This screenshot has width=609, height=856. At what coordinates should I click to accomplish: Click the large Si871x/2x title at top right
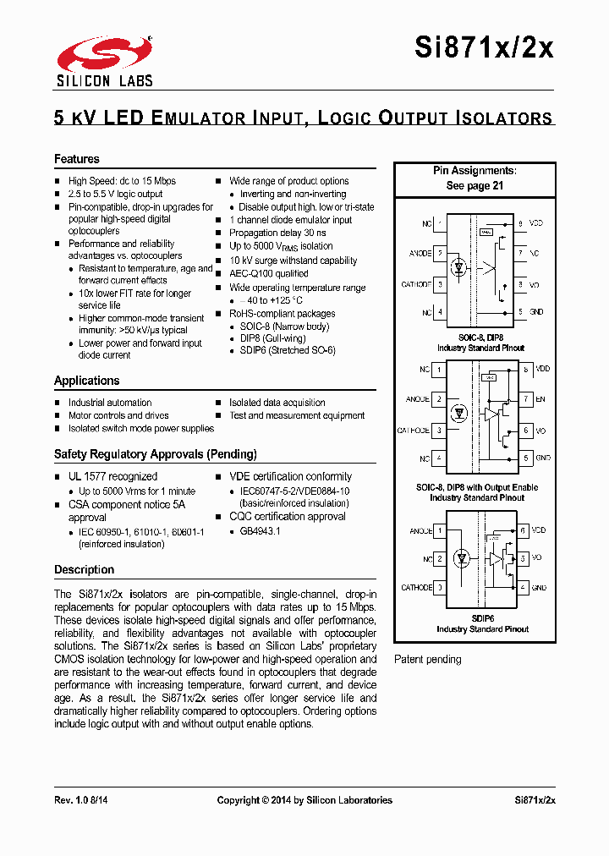484,48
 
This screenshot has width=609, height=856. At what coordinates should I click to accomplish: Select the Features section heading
77,159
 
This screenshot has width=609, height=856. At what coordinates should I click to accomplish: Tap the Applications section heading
87,381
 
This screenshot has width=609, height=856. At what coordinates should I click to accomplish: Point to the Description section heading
84,569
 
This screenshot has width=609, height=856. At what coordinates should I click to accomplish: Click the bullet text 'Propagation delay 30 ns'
277,233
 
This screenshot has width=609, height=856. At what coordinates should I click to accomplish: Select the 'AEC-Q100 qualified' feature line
269,273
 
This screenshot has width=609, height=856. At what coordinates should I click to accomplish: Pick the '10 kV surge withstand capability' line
293,261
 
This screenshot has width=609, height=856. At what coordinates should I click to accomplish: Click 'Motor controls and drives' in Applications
118,415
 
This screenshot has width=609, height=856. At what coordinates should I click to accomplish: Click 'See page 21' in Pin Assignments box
475,185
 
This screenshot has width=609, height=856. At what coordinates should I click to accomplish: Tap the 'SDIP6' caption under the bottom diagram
482,618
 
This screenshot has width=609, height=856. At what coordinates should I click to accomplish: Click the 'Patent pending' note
428,659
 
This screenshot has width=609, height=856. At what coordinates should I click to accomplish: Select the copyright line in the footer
304,799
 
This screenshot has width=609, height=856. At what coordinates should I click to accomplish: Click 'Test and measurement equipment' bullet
297,415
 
